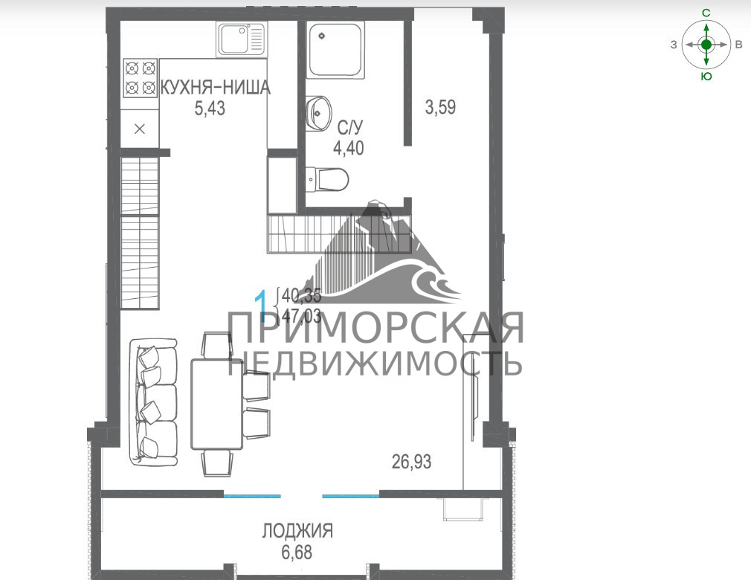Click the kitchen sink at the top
coord(242,39)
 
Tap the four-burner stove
coord(141,78)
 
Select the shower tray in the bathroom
coord(335,51)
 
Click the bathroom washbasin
coord(318,114)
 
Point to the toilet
coord(326,179)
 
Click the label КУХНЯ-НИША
coord(215,88)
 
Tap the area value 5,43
coord(209,109)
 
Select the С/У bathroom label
coord(350,128)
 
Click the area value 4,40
coord(349,148)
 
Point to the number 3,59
coord(440,107)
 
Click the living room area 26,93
coord(411,462)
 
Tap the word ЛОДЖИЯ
coord(297,531)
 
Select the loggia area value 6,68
coord(297,552)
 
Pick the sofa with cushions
coord(154,402)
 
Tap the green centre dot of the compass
coord(706,45)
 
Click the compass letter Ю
coord(706,77)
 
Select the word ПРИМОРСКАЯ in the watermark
coord(375,328)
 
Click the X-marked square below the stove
coord(140,129)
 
